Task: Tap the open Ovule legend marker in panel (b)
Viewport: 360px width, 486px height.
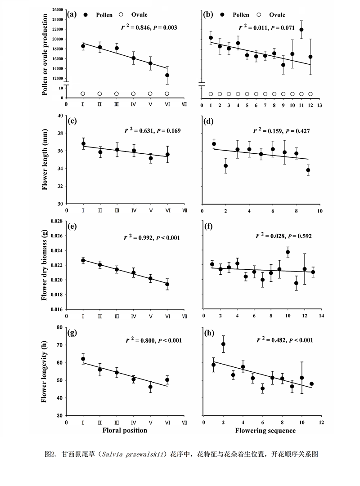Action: click(x=256, y=15)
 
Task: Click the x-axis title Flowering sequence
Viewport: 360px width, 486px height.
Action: click(x=265, y=431)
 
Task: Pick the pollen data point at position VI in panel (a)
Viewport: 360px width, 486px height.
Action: click(x=167, y=75)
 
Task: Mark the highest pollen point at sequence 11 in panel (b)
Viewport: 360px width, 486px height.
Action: click(x=301, y=30)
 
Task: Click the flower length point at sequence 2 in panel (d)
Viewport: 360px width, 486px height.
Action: click(x=226, y=166)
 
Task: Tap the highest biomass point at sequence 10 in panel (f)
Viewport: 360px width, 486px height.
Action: click(x=288, y=252)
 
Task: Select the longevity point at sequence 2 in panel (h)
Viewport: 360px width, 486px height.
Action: click(x=223, y=344)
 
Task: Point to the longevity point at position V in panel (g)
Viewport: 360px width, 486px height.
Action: click(x=150, y=387)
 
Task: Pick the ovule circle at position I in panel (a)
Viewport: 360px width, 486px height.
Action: click(x=83, y=94)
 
